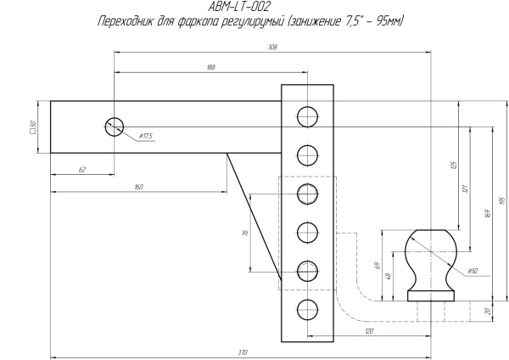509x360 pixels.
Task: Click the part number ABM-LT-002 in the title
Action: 239,6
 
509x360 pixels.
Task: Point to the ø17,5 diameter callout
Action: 145,136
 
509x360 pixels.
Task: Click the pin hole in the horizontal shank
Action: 114,127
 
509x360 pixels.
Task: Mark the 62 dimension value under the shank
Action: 82,170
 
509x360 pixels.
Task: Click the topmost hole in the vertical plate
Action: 307,115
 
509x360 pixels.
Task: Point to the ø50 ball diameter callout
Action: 472,270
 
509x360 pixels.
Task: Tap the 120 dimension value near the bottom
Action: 369,329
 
